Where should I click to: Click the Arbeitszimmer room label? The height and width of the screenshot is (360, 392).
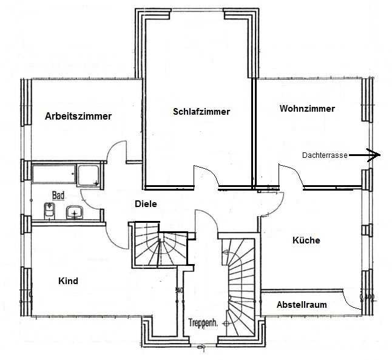pos(78,117)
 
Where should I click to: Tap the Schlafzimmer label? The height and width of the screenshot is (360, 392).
pos(201,112)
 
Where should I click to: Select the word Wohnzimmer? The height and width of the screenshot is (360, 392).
pos(307,109)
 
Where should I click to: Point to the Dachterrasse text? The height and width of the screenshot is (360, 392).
pos(325,155)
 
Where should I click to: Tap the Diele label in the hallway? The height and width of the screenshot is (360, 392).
pos(146,204)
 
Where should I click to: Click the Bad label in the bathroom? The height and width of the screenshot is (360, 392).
pos(58,195)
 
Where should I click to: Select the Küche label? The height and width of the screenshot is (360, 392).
pos(306,240)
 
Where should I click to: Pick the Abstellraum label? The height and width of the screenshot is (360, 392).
pos(302,305)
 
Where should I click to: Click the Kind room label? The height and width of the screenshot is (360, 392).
pos(68,281)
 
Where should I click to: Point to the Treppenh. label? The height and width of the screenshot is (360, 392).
pos(203,322)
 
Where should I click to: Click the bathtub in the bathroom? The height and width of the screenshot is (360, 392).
pos(54,174)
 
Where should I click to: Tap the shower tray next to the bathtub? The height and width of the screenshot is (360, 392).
pos(89,175)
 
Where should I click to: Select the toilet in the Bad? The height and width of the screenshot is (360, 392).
pos(49,211)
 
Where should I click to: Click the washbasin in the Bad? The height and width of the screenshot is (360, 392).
pos(74,212)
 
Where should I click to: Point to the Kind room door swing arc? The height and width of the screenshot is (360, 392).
pos(112,240)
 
